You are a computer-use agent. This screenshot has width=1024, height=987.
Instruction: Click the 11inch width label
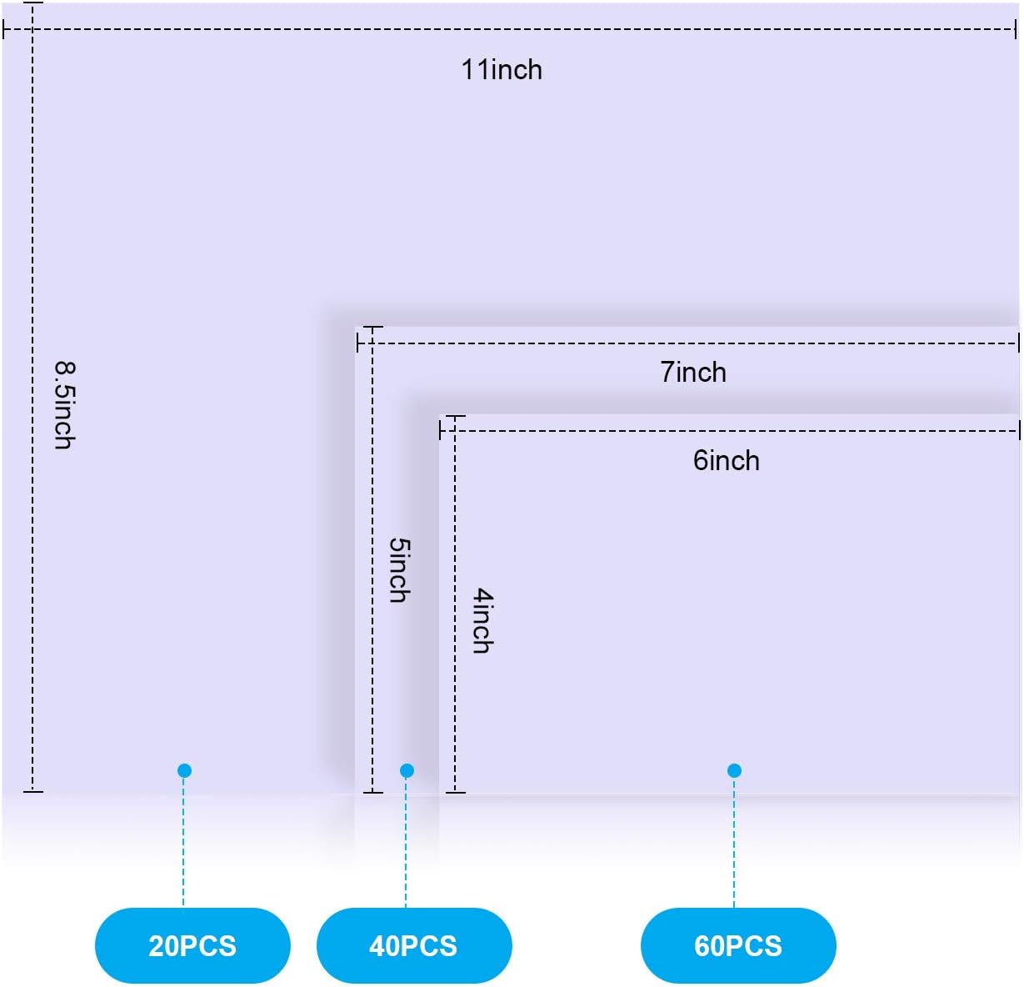[502, 70]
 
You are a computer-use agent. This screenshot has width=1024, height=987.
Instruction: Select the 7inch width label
[693, 373]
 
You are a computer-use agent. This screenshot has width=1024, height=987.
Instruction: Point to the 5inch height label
[400, 570]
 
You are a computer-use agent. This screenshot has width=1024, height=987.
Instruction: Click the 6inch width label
[727, 461]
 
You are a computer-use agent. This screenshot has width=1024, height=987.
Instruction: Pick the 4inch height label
[483, 621]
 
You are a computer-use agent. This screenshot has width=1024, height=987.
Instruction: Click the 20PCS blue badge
[192, 945]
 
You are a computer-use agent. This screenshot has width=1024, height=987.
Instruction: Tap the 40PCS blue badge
[414, 945]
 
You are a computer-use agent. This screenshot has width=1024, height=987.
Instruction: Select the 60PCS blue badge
[738, 945]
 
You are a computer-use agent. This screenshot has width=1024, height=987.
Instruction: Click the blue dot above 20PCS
[185, 770]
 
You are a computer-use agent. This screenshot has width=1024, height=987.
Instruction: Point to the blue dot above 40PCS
[407, 770]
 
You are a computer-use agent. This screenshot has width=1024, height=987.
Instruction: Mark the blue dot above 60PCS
[734, 770]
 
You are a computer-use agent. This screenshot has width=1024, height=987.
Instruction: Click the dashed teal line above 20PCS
[183, 842]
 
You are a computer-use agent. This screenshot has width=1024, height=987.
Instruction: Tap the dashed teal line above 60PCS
[734, 842]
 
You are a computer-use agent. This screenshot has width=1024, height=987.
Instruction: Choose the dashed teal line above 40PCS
[406, 842]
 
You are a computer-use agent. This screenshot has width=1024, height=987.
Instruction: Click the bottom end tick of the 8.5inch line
[32, 791]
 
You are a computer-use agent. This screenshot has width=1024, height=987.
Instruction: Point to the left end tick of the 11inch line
[5, 30]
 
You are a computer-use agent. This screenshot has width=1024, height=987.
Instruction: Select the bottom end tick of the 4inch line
[455, 791]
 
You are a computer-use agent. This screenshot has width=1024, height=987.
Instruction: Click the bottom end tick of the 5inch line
[372, 791]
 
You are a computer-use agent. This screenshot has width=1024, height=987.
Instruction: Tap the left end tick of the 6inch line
[441, 431]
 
